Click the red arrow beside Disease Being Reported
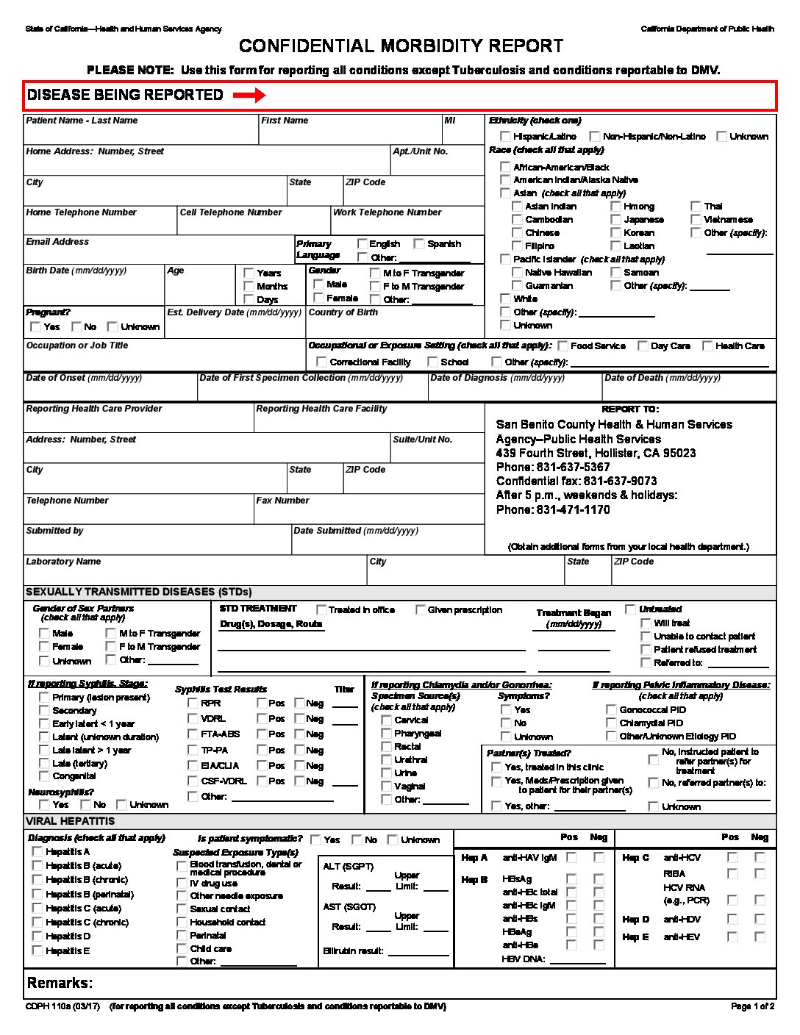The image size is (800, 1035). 249,96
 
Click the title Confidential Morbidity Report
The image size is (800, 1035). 401,46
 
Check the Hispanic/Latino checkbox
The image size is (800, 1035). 505,136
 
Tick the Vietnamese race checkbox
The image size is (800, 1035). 696,220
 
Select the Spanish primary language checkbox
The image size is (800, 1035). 419,244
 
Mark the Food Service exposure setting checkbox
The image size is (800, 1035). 563,346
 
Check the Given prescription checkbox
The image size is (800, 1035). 421,610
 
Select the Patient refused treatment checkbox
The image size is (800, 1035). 646,650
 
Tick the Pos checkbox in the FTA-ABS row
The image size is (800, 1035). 262,734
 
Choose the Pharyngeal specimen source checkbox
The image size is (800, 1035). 386,734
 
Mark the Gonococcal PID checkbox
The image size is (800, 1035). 611,710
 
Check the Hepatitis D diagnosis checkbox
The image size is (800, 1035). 37,936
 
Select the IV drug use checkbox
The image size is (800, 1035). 182,884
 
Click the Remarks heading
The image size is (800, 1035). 60,984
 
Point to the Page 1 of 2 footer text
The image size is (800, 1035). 752,1006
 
